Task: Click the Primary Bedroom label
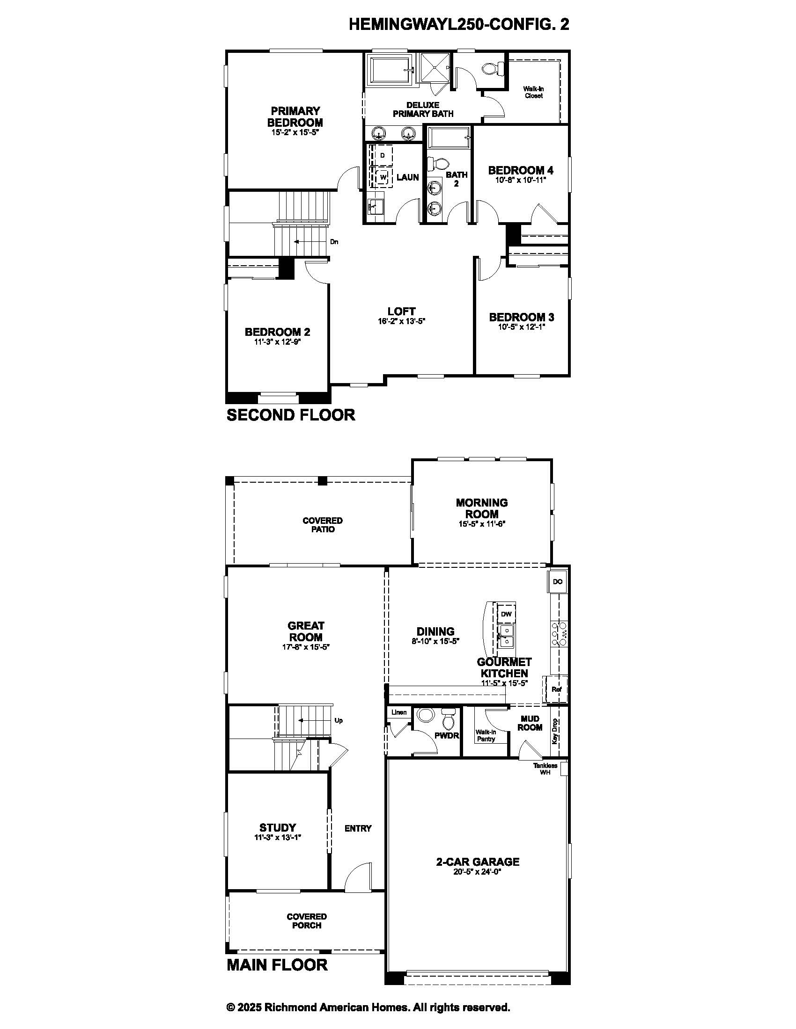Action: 295,116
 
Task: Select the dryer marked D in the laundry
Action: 383,155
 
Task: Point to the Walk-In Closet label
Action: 533,92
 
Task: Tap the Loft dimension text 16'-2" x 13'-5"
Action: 401,321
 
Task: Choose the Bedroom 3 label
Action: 522,317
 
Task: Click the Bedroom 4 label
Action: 521,170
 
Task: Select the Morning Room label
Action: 481,508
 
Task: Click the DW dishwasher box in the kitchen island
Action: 506,614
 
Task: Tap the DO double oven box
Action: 557,581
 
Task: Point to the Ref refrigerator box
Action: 556,689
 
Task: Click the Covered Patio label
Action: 323,525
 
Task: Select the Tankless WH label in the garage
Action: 545,769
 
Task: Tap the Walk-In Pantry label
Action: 486,735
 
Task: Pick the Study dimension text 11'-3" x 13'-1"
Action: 277,837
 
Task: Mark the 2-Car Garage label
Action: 477,862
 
